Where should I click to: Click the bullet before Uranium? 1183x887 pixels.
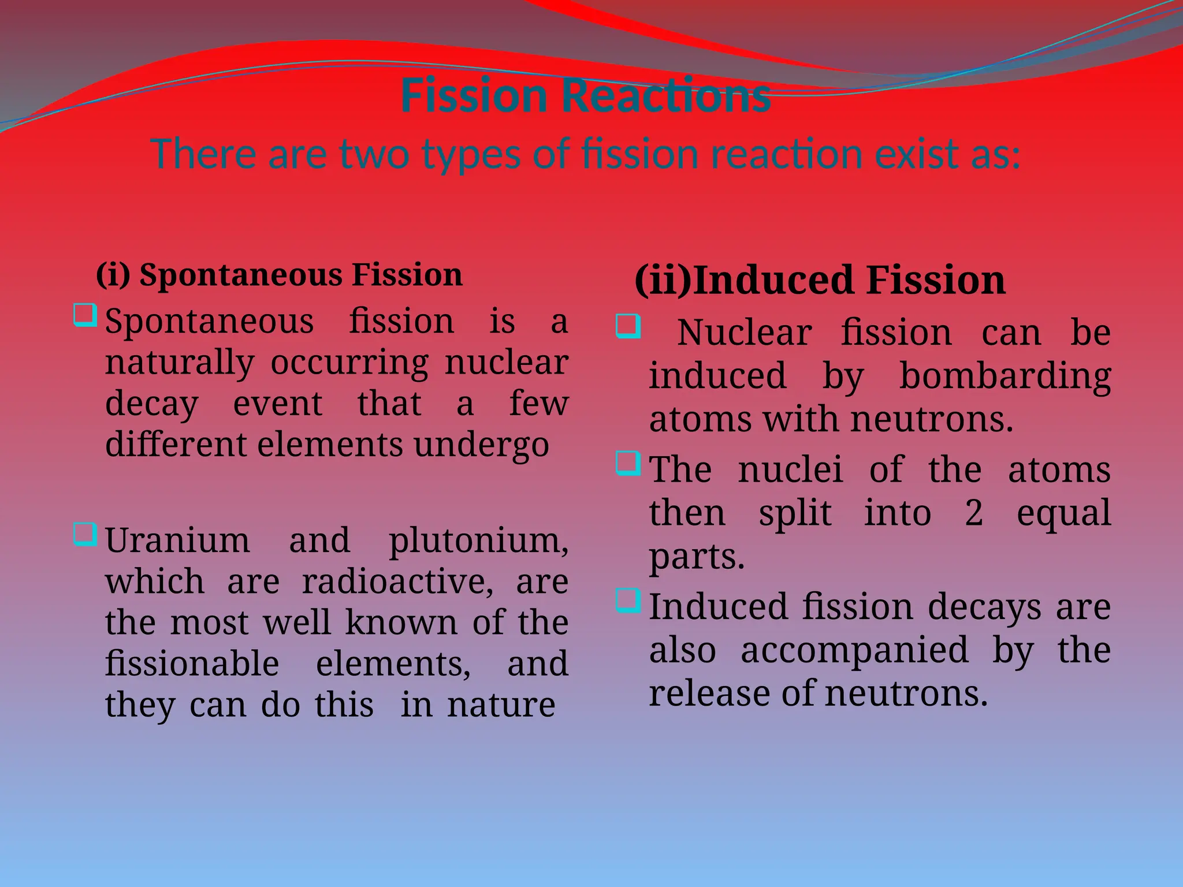coord(85,534)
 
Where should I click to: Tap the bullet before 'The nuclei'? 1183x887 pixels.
coord(628,463)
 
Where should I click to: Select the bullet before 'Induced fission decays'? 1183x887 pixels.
coord(628,601)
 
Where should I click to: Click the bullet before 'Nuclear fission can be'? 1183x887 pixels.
coord(628,326)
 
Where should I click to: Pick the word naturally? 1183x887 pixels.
coord(180,363)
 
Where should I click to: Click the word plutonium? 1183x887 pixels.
coord(478,541)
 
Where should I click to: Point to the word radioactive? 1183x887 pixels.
coord(397,582)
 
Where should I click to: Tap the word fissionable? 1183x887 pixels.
coord(192,664)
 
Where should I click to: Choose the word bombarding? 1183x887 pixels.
coord(1005,377)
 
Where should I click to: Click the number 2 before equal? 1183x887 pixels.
coord(974,512)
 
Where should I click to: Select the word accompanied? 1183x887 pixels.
coord(854,650)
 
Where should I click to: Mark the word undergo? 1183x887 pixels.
coord(481,445)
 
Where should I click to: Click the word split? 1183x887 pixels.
coord(795,512)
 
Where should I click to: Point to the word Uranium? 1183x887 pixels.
coord(177,541)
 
